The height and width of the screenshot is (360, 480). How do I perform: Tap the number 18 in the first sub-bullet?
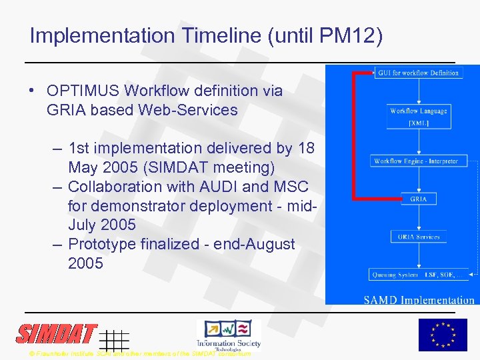click(305, 148)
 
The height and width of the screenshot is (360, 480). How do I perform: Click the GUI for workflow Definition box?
click(418, 73)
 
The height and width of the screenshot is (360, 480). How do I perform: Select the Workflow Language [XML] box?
click(419, 117)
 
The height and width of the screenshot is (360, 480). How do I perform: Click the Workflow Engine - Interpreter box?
click(416, 161)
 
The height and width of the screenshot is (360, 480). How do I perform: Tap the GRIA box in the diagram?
click(419, 199)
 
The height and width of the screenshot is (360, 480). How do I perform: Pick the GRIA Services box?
click(419, 237)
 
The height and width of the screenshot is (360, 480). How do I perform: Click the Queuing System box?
click(419, 274)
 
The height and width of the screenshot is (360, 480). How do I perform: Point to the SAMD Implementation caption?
click(419, 300)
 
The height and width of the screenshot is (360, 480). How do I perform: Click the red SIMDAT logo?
click(57, 334)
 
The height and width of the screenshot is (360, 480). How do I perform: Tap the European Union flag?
click(443, 335)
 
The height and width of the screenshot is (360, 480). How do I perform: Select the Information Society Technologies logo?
click(228, 333)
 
